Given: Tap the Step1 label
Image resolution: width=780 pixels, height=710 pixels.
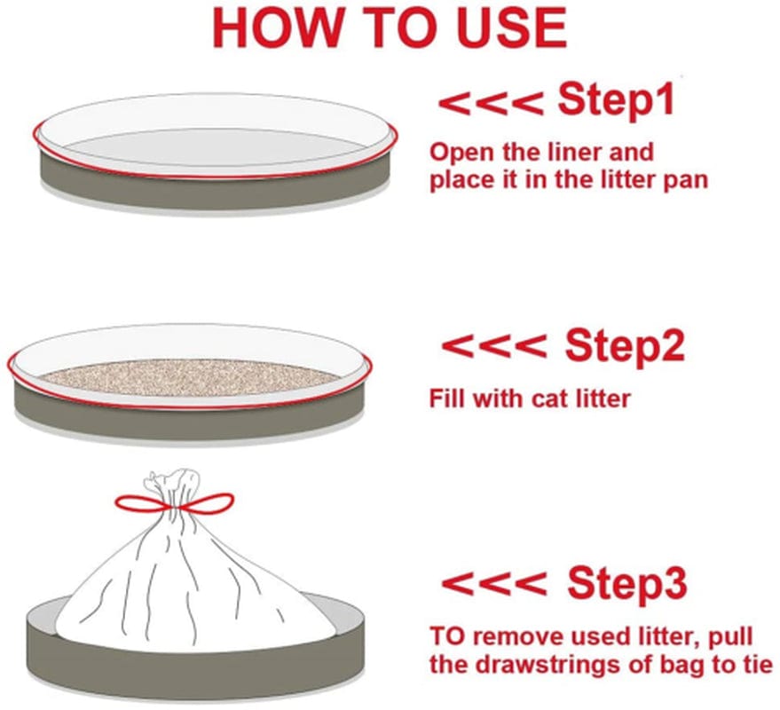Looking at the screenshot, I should click(x=616, y=101).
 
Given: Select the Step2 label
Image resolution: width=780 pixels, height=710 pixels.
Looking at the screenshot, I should click(x=625, y=346).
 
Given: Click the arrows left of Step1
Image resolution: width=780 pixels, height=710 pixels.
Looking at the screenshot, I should click(x=490, y=103).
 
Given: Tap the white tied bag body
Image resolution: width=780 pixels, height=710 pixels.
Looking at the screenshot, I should click(x=186, y=586).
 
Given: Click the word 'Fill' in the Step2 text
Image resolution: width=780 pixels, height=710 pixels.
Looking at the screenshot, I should click(x=447, y=398).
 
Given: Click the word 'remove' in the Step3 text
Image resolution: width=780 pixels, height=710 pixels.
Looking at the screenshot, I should click(x=520, y=635).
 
